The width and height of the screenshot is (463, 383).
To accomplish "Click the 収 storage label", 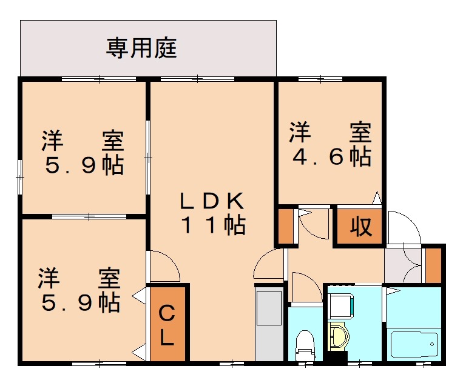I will point(360,227).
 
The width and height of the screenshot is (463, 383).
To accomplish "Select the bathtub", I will point(414,344).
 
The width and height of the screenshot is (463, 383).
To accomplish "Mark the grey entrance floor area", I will point(402,265).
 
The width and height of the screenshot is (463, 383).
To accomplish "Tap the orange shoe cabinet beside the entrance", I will point(433,264).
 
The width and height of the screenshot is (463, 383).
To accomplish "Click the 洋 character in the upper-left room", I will point(52,141).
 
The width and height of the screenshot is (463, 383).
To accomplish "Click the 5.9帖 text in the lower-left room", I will point(80,302).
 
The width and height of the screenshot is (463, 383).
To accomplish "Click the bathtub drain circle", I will point(433,344).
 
